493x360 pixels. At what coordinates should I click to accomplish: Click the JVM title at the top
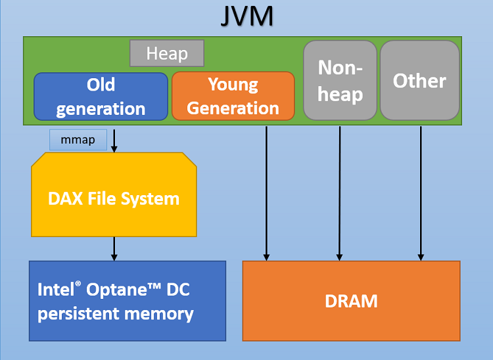tap(246, 16)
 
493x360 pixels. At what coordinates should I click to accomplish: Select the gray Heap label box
tap(167, 53)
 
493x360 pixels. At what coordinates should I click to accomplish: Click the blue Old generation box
tap(101, 96)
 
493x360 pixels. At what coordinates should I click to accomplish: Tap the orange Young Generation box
tap(233, 96)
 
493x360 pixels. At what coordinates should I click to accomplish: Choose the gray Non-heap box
tap(340, 80)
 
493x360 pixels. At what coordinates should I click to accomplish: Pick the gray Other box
tap(419, 80)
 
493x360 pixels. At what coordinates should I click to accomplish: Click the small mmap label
tap(78, 140)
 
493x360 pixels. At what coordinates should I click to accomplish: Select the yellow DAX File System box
tap(114, 197)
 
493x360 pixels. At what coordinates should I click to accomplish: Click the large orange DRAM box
tap(351, 301)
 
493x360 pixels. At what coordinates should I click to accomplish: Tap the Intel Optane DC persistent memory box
tap(127, 301)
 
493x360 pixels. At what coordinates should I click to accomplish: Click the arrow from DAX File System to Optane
tap(114, 248)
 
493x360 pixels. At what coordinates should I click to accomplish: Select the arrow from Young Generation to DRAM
tap(266, 191)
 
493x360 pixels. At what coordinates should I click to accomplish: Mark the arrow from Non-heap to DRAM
tap(340, 191)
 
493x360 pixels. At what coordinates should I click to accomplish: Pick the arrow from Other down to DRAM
tap(421, 191)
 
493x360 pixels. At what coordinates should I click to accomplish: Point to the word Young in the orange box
tap(233, 84)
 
